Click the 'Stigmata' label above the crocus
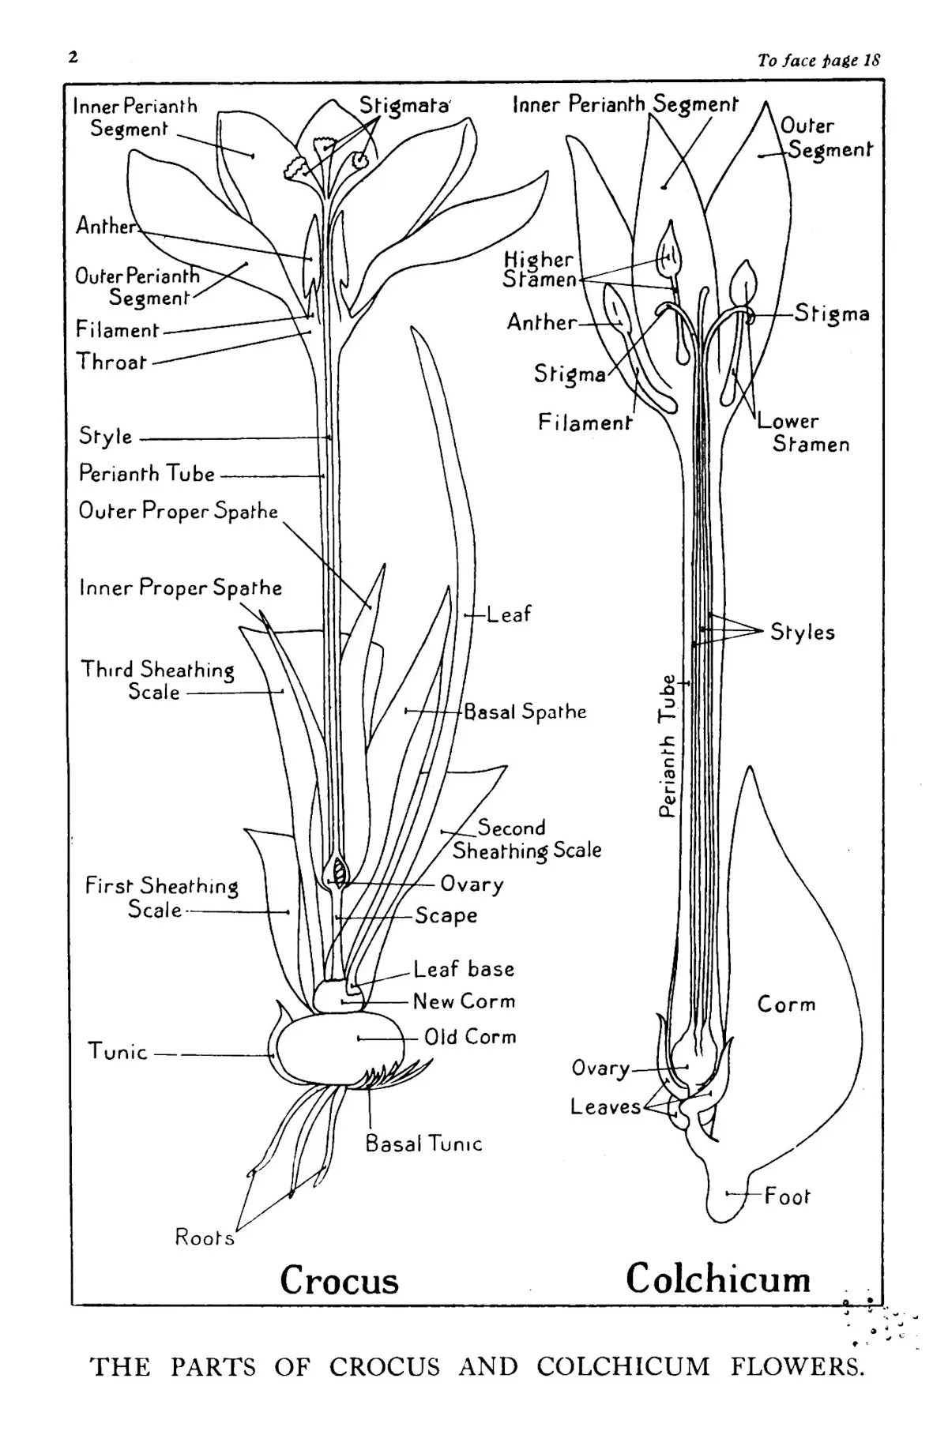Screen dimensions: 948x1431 click(404, 106)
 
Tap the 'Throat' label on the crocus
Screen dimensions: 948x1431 click(111, 362)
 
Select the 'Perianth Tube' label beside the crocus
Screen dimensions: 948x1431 click(147, 473)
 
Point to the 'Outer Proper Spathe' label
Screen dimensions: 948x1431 click(179, 511)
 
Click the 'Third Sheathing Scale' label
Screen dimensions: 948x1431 click(157, 681)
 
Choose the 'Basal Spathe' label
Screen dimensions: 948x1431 click(525, 712)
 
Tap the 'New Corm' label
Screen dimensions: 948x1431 click(465, 1001)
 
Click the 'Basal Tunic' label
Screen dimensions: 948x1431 click(423, 1144)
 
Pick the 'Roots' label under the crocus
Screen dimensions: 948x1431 click(205, 1237)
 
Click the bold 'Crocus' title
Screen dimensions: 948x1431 click(339, 1281)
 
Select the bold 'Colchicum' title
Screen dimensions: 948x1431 click(718, 1279)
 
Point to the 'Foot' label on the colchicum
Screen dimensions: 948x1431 click(788, 1196)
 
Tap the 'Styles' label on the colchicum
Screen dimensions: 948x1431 click(803, 632)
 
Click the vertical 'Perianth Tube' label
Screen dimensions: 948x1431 click(668, 746)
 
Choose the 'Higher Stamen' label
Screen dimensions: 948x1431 click(540, 269)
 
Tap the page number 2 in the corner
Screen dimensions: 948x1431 click(73, 57)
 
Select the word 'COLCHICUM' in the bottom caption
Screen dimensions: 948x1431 click(623, 1367)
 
